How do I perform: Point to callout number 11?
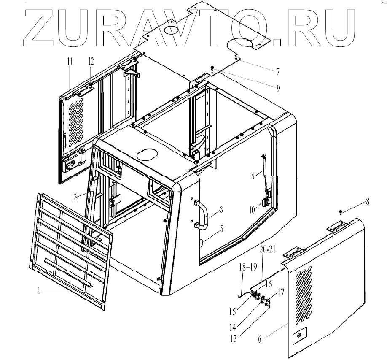click(x=69, y=62)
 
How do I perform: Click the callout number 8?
click(x=367, y=202)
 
